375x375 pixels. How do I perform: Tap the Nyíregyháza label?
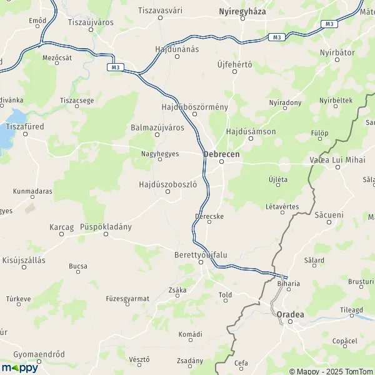(x=242, y=12)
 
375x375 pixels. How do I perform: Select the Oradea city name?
(x=290, y=314)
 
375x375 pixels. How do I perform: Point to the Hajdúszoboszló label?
(x=168, y=184)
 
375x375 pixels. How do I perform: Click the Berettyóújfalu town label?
(x=201, y=255)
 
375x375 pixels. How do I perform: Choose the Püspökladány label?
(x=106, y=227)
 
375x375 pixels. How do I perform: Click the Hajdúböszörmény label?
(x=194, y=107)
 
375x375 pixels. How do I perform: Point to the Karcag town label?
(x=61, y=227)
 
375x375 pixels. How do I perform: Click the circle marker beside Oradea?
(x=290, y=322)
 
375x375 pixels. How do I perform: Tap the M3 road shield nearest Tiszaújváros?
(x=113, y=67)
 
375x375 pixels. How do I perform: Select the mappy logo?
(x=19, y=367)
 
